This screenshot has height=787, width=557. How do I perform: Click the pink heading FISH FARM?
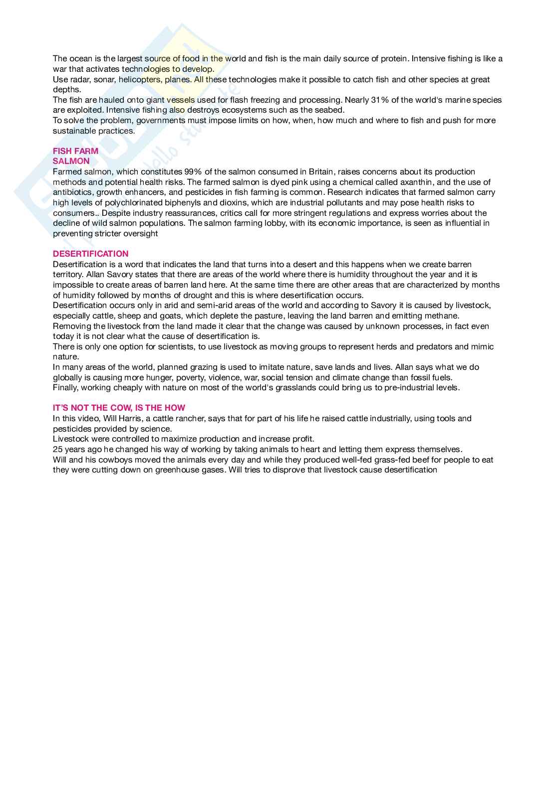[x=75, y=151]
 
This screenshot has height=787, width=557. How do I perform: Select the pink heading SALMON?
[x=71, y=161]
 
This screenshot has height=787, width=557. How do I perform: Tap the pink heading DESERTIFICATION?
[x=90, y=254]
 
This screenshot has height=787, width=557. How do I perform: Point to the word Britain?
[x=318, y=171]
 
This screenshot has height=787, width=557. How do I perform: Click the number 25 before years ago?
[x=57, y=449]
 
